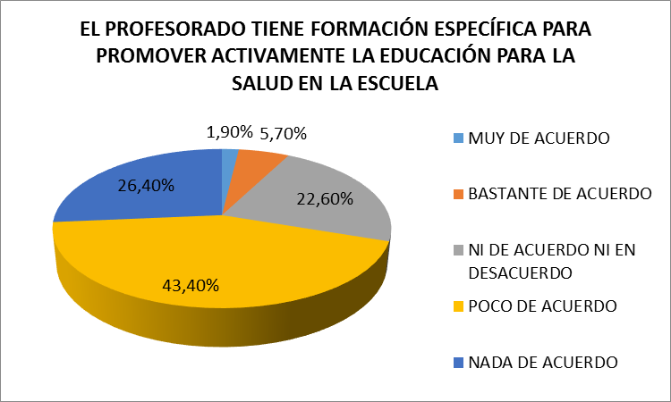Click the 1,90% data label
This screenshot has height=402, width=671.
(x=229, y=133)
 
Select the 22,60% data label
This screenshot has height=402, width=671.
(x=319, y=201)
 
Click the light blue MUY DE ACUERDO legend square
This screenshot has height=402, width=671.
(x=458, y=138)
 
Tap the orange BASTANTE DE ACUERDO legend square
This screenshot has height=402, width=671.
(x=458, y=194)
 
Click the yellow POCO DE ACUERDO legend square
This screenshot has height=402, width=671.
(x=458, y=306)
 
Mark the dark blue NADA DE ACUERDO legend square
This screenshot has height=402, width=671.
(x=458, y=362)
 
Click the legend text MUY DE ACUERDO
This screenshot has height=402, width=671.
(x=539, y=138)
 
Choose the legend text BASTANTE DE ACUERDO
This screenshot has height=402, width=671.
(x=560, y=194)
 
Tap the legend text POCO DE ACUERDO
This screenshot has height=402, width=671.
(x=543, y=306)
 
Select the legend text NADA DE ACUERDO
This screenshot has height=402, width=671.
(x=544, y=362)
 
